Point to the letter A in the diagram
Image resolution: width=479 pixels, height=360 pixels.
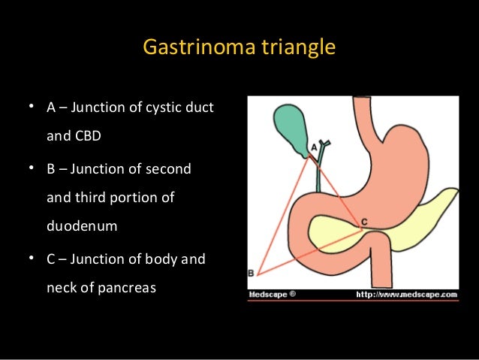313,148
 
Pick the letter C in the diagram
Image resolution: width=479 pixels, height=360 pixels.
364,222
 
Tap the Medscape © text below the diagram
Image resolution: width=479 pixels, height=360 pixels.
273,294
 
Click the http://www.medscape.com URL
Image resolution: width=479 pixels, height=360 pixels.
406,294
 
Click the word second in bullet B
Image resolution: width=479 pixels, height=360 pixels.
169,169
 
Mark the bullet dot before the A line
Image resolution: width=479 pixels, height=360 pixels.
32,107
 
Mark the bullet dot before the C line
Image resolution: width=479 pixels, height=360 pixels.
32,259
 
